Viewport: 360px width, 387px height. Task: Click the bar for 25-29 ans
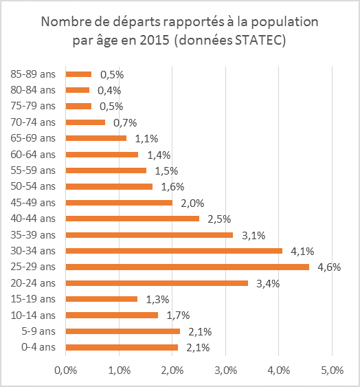[x=188, y=267]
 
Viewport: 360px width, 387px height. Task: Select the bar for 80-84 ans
[x=78, y=90]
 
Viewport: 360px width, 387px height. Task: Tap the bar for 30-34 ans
[x=174, y=251]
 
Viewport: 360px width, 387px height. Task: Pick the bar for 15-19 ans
[x=102, y=299]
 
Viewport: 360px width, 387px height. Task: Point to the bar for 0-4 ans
[x=122, y=347]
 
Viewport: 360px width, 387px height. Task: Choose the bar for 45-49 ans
[x=119, y=203]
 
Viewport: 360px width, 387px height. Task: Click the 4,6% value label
[x=329, y=267]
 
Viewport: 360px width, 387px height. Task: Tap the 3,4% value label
[x=268, y=284]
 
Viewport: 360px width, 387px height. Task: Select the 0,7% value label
[x=125, y=122]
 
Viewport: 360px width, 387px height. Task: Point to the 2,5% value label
[x=219, y=219]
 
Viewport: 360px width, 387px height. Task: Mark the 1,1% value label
[x=146, y=139]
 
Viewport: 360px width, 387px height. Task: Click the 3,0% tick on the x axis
[x=226, y=371]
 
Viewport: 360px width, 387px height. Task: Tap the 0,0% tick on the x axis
[x=66, y=371]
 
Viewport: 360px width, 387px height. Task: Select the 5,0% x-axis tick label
[x=332, y=371]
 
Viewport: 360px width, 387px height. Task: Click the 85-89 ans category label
[x=33, y=74]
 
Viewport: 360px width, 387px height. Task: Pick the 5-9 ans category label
[x=38, y=331]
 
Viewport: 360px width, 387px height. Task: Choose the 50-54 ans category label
[x=33, y=186]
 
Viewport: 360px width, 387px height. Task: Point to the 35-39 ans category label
[x=33, y=234]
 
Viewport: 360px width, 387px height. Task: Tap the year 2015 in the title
[x=155, y=40]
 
